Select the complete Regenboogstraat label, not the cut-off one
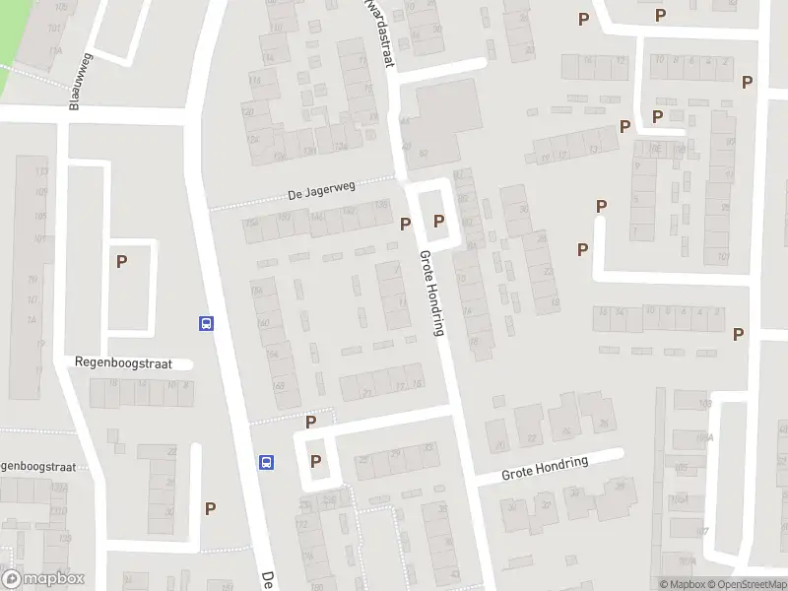pyautogui.click(x=123, y=363)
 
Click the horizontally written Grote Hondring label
pyautogui.click(x=545, y=467)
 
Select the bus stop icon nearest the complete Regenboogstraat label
pyautogui.click(x=207, y=323)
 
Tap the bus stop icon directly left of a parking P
pyautogui.click(x=266, y=462)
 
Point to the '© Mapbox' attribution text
pyautogui.click(x=681, y=584)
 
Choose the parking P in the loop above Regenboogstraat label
pyautogui.click(x=122, y=262)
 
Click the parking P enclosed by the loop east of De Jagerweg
pyautogui.click(x=438, y=222)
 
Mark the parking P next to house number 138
pyautogui.click(x=406, y=224)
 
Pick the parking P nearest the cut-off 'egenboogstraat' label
pyautogui.click(x=210, y=508)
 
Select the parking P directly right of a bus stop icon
pyautogui.click(x=316, y=461)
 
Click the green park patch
pyautogui.click(x=12, y=39)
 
